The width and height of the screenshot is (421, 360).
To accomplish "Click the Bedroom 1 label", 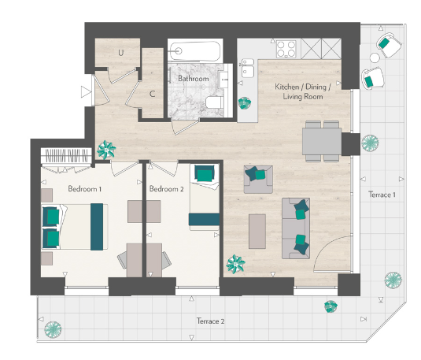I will point(85,189).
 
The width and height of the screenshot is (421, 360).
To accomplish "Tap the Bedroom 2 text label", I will point(167,189).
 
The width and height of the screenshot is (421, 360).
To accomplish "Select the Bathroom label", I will point(193,79).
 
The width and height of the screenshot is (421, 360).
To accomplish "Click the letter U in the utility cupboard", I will point(121,53).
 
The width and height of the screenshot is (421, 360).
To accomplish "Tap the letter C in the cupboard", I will point(152,94).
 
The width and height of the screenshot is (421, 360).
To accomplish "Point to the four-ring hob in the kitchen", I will point(286,49).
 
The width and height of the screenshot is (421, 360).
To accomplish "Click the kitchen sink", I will point(248,69).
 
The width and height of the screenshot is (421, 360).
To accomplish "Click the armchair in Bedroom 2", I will point(204,174).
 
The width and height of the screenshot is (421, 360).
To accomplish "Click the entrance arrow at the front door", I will point(86,92).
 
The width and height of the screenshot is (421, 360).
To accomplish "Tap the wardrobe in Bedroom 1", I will point(65,156).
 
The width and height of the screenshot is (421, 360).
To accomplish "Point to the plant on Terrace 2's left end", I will point(54,328).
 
